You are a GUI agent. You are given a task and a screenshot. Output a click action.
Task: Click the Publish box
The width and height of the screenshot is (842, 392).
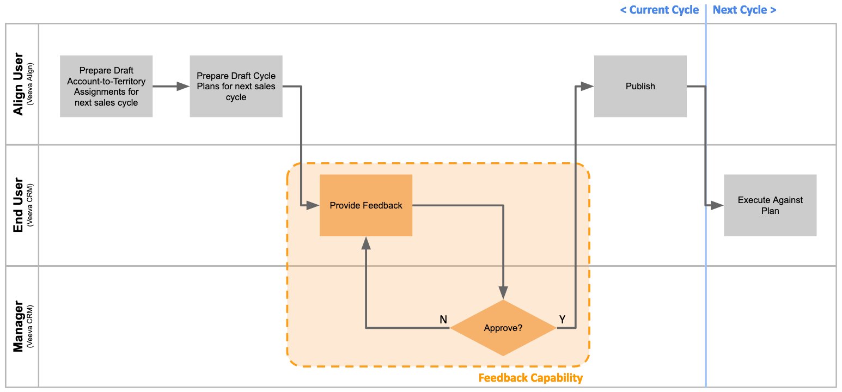click(640, 86)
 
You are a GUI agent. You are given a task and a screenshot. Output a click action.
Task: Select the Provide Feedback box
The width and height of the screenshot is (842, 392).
click(365, 205)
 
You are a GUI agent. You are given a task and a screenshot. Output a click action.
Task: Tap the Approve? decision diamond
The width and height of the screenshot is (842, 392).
click(503, 328)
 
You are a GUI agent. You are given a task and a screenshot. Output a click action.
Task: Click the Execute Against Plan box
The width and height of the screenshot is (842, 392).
click(770, 205)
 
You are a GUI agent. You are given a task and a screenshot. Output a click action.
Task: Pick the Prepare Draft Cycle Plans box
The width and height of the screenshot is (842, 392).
click(236, 86)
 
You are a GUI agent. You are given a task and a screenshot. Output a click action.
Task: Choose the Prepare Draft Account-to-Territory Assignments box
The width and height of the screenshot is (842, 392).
click(106, 86)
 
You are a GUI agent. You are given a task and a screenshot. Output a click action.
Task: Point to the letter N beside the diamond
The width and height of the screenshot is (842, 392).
click(443, 320)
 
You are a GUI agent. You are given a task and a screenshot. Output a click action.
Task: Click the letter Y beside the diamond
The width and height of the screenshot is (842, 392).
click(562, 320)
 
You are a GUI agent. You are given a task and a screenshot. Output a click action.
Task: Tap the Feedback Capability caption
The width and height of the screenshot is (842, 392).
click(530, 378)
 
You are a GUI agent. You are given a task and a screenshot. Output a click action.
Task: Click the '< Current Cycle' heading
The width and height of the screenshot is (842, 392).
click(659, 10)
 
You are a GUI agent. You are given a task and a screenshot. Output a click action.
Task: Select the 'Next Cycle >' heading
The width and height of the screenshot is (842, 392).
click(744, 10)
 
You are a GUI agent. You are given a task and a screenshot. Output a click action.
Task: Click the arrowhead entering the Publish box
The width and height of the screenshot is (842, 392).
click(587, 86)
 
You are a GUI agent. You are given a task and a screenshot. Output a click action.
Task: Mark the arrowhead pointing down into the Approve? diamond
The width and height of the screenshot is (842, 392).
click(503, 293)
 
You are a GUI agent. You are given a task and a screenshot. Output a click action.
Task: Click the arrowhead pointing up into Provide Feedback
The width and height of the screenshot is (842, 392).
click(365, 243)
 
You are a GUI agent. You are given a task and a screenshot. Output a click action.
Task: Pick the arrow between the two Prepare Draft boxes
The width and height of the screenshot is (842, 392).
click(171, 86)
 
